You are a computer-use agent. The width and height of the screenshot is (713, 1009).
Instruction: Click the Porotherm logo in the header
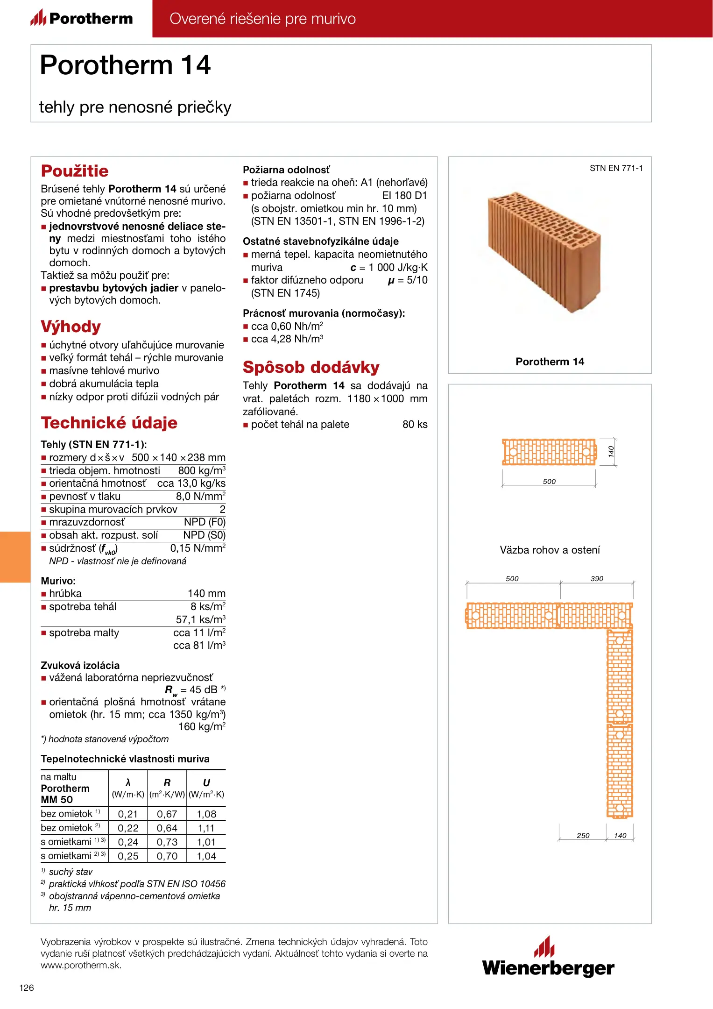82,18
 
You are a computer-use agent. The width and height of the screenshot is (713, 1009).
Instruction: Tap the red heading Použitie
75,171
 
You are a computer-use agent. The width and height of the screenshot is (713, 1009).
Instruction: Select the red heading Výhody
71,327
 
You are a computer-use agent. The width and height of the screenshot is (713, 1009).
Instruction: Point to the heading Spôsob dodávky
311,367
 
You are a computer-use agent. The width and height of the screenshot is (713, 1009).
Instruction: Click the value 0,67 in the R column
167,814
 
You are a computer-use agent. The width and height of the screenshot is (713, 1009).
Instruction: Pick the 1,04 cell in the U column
206,856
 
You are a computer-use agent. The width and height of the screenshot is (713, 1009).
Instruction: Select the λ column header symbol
128,783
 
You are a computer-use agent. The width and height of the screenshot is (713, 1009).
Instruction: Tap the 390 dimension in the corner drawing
597,579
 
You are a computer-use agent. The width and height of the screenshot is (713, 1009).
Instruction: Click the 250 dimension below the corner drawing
583,836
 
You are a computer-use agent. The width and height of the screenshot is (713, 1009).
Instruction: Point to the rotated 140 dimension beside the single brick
611,452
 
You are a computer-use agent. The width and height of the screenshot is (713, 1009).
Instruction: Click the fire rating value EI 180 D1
404,196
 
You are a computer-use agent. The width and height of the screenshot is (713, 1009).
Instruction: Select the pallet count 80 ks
415,425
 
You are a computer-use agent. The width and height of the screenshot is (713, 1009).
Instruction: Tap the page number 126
27,988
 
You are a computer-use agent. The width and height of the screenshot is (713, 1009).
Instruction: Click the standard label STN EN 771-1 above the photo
616,168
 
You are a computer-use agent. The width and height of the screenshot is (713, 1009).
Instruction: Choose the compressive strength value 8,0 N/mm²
200,497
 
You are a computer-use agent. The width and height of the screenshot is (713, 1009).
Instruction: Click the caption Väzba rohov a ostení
550,550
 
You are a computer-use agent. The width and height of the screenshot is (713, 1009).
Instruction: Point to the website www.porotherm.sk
81,966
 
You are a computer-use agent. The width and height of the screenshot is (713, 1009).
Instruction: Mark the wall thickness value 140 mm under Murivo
206,594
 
